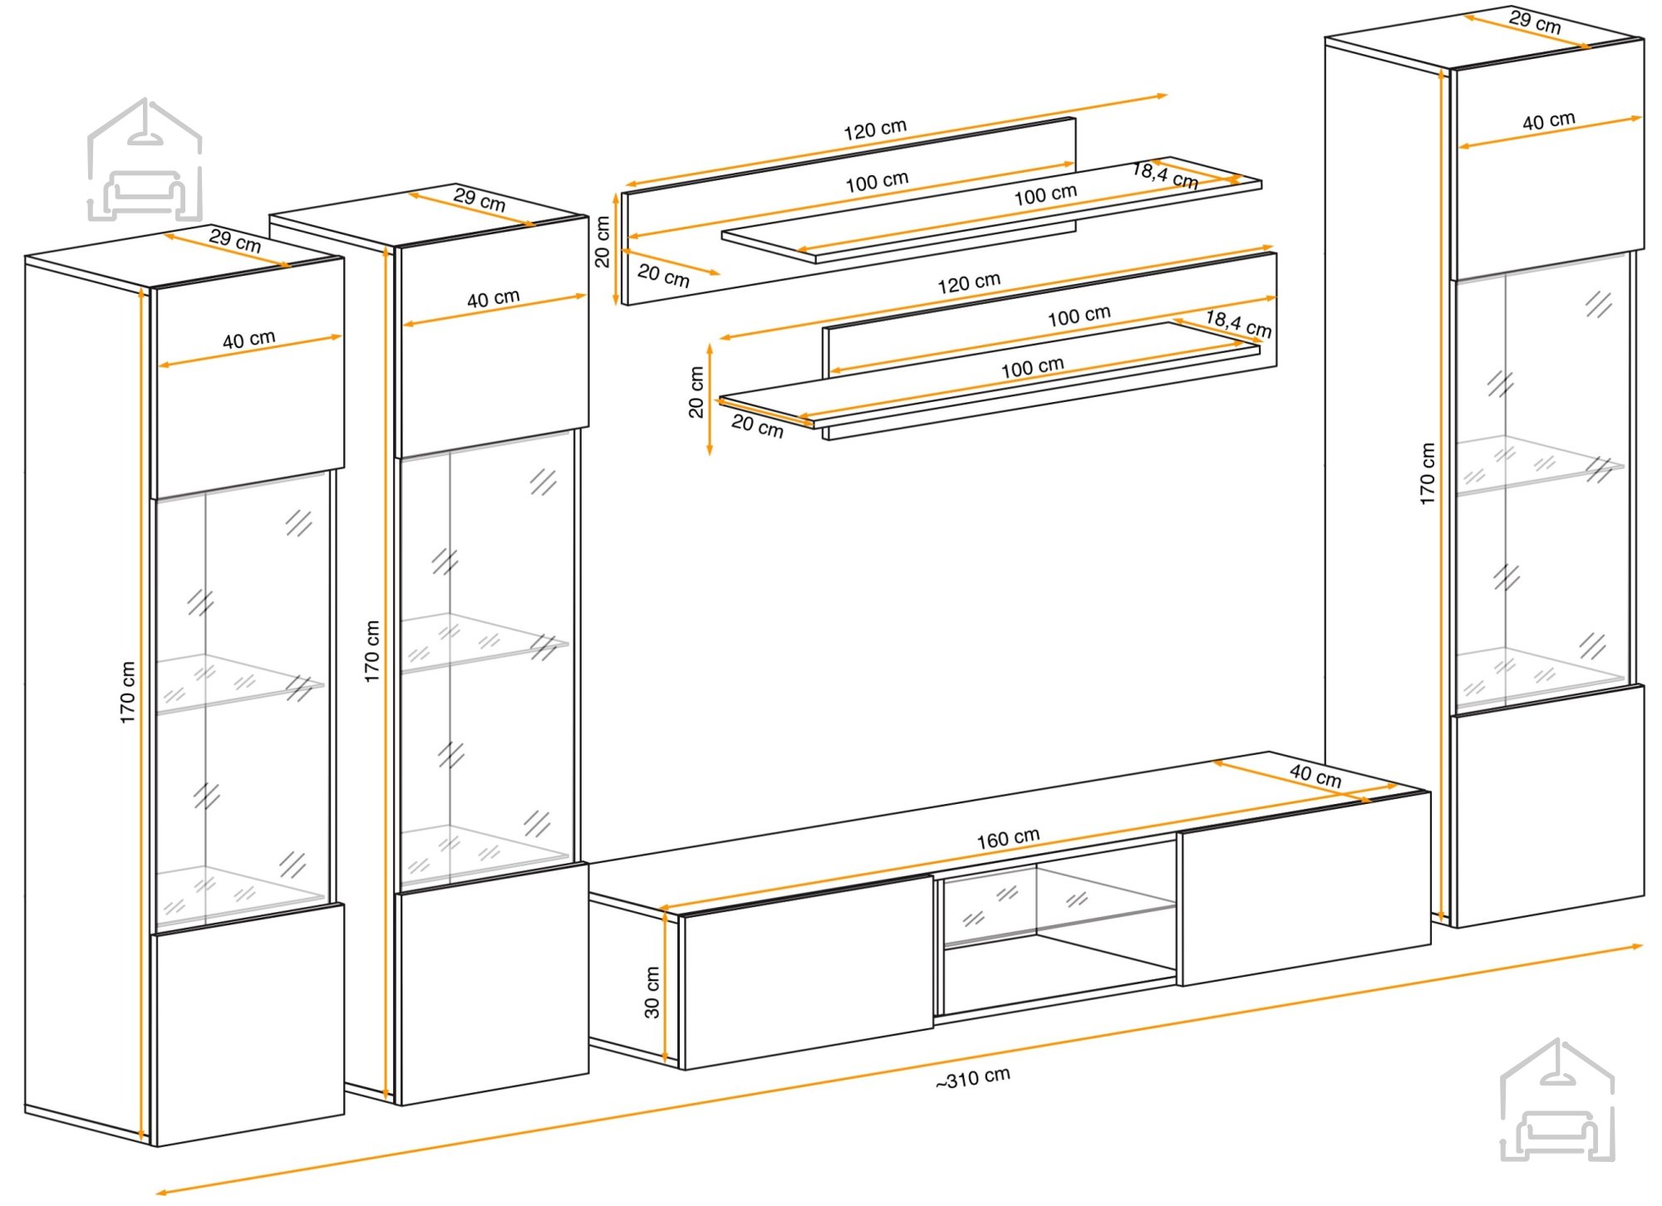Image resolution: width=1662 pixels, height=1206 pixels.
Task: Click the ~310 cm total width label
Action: [x=972, y=1078]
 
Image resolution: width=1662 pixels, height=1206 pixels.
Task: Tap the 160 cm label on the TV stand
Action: [x=1008, y=838]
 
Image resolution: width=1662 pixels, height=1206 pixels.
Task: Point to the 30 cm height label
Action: [x=652, y=992]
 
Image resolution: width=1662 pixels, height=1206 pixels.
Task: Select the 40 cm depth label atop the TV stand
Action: [x=1315, y=775]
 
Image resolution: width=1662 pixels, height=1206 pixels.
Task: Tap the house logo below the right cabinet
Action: [x=1557, y=1100]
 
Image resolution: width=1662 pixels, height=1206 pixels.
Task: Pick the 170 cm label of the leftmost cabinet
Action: [x=126, y=692]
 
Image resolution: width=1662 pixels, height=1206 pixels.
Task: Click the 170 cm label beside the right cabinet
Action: [x=1427, y=473]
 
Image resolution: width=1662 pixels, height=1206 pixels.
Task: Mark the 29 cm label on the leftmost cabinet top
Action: [x=235, y=240]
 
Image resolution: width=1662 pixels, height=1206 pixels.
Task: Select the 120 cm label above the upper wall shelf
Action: [x=875, y=130]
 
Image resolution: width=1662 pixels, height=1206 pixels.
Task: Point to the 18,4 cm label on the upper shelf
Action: [x=1165, y=175]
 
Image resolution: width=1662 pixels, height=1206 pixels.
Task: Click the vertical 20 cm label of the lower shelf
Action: [x=696, y=391]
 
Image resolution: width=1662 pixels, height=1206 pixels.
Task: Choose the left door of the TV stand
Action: [x=806, y=971]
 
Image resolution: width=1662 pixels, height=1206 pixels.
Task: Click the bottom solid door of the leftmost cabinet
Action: [x=248, y=1025]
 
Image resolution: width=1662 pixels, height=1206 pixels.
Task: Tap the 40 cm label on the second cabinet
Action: [x=493, y=298]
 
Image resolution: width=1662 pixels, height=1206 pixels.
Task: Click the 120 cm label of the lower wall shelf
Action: [x=969, y=283]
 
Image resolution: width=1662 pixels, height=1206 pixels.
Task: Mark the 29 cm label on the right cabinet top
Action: [x=1535, y=22]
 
